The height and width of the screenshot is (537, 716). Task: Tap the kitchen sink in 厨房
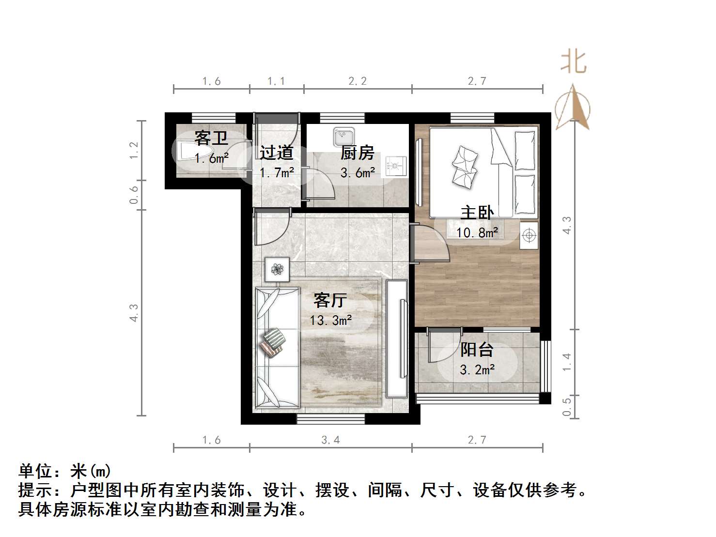[343, 137]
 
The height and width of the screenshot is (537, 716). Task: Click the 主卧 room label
[477, 212]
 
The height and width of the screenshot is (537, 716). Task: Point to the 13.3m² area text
[331, 320]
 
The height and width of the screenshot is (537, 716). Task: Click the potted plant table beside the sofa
[277, 269]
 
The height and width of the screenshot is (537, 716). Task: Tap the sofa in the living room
[276, 347]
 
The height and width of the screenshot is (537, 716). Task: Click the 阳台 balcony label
[477, 350]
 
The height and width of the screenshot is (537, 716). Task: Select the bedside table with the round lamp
[529, 236]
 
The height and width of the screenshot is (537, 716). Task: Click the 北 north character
[574, 63]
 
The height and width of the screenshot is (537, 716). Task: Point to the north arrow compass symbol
[573, 107]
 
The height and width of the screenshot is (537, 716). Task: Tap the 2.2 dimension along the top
[358, 81]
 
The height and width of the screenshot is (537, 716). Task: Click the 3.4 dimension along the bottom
[330, 440]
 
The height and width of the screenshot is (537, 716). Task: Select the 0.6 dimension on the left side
[134, 195]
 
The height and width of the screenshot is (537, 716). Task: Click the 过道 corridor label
[276, 153]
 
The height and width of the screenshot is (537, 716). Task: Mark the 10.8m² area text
[477, 233]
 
